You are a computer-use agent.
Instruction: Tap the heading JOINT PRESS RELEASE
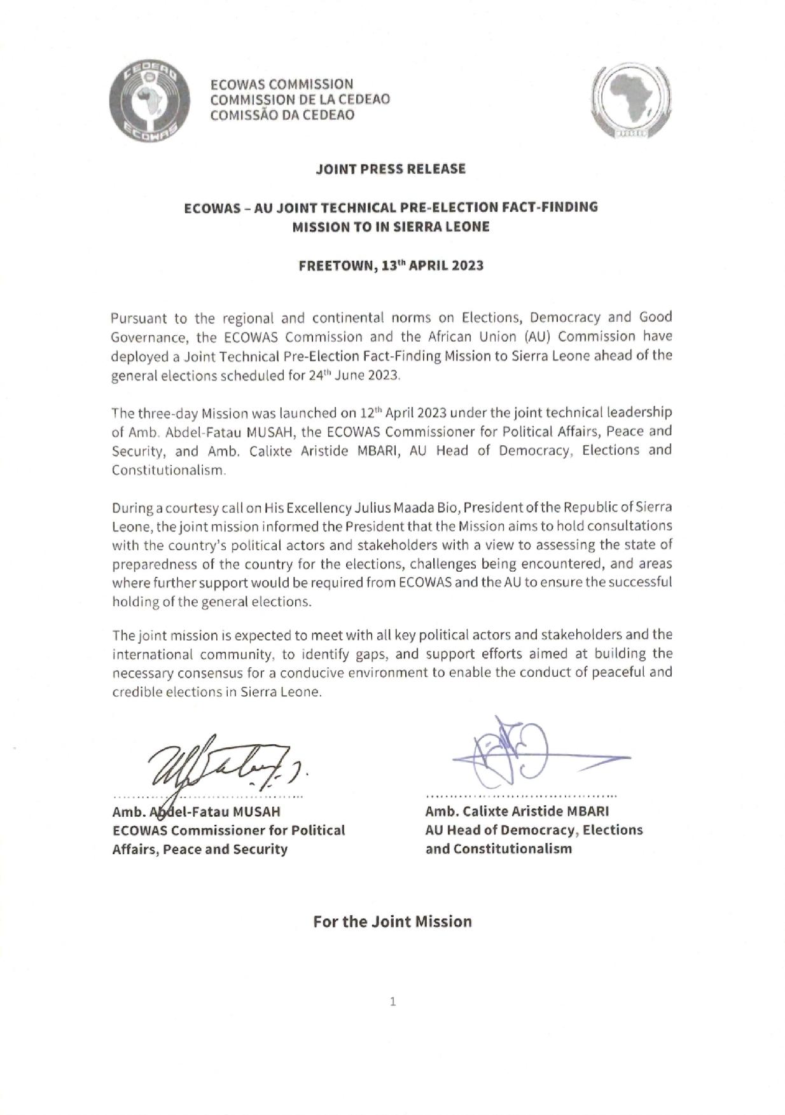click(391, 169)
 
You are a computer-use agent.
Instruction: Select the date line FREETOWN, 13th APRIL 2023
click(391, 266)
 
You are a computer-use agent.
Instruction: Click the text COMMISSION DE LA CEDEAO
click(300, 99)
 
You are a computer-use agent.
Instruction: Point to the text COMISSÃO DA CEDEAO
click(282, 115)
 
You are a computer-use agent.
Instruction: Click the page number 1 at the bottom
click(392, 1002)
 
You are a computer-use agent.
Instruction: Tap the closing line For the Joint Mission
click(392, 921)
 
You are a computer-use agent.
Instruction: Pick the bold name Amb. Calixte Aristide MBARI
click(517, 812)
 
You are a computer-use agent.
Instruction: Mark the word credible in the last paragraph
click(134, 692)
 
